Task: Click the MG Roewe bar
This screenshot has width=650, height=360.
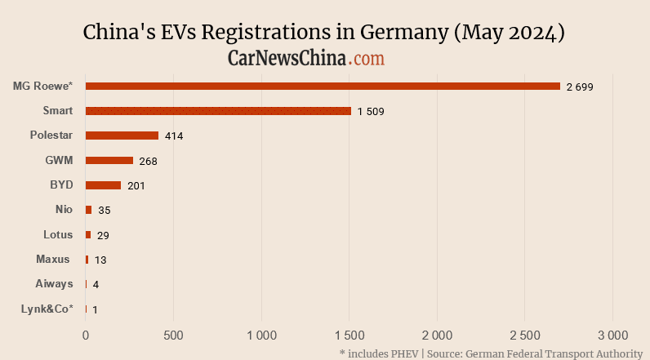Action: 323,86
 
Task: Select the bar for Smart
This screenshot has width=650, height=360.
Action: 218,111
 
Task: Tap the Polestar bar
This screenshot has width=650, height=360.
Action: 122,136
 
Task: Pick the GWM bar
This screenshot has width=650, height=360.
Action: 109,161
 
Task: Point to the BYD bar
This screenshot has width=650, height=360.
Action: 103,185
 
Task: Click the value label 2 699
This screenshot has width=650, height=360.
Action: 580,87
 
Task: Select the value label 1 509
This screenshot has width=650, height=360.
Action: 371,111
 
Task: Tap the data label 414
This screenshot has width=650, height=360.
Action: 172,136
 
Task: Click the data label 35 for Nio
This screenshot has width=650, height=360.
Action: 104,211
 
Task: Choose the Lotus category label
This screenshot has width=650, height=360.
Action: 58,234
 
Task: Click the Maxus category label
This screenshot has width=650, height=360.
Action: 53,259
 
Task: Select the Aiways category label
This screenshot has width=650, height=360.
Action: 54,283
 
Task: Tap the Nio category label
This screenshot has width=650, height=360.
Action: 64,210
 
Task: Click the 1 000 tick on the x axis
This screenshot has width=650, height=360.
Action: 261,334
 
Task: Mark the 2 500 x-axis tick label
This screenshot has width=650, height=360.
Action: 525,334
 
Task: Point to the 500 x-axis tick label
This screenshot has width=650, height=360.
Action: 173,334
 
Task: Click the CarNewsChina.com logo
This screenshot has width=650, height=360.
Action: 306,58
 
